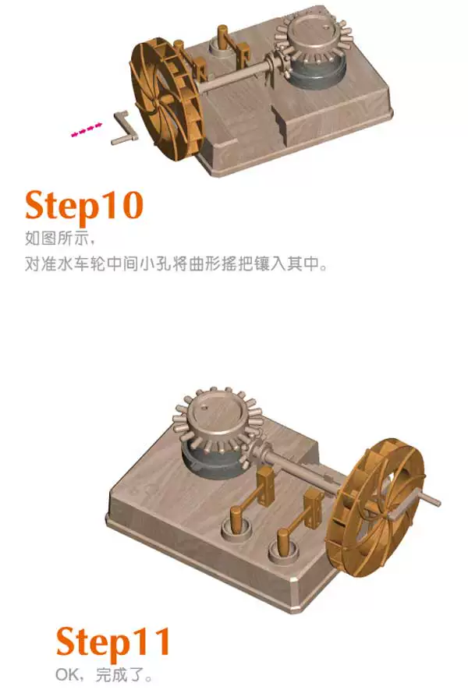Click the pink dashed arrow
coord(87,129)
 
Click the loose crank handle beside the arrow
coord(122,128)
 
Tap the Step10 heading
coord(84,205)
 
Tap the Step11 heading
coord(113,641)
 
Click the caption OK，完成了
coord(103,676)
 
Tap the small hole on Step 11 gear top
coord(204,406)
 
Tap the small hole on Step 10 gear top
coord(328,27)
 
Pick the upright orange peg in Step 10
coord(222,37)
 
